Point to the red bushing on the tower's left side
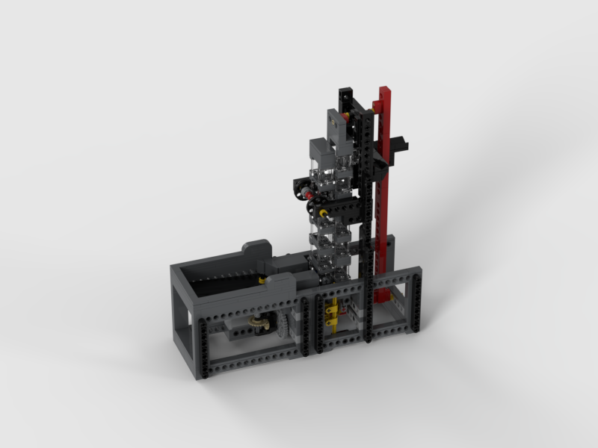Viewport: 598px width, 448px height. coord(308,193)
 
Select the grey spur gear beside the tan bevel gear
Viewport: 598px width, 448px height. coord(284,329)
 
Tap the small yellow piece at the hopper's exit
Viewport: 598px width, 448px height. coord(261,280)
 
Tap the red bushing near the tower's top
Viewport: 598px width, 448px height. coord(351,115)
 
